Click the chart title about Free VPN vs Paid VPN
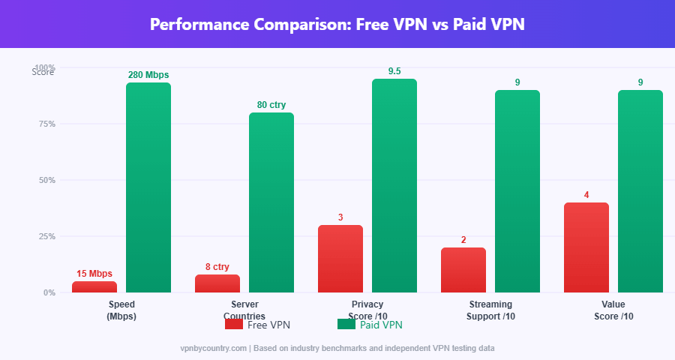[x=337, y=24]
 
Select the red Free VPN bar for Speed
[x=94, y=286]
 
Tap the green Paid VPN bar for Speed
[x=148, y=187]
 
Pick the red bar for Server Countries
[x=217, y=283]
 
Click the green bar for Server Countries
[x=271, y=202]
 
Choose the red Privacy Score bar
[x=340, y=259]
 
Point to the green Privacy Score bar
[x=394, y=185]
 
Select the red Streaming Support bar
[x=463, y=270]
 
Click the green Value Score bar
[x=640, y=191]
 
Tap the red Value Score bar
[x=586, y=247]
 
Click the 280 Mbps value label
[x=148, y=75]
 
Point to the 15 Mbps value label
[x=94, y=274]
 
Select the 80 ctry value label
[x=271, y=105]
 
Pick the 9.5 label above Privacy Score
[x=394, y=71]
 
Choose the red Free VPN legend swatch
[x=234, y=325]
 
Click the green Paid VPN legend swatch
[x=346, y=325]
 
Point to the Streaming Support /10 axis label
[x=490, y=310]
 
